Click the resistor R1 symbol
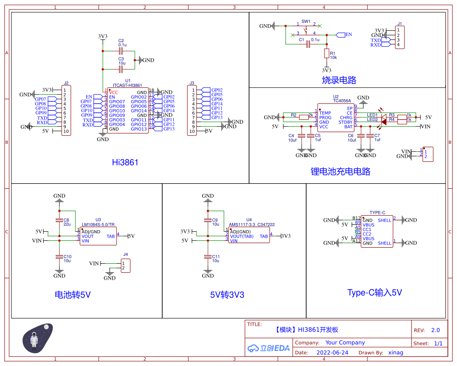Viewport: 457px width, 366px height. point(326,53)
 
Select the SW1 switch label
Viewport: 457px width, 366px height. point(306,21)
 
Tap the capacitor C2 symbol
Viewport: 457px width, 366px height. point(121,51)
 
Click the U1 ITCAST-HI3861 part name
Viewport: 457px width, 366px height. point(128,85)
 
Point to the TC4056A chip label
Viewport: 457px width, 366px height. point(342,101)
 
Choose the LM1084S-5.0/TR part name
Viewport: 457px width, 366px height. point(98,224)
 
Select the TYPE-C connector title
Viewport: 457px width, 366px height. point(377,213)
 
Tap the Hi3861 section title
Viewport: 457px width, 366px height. point(125,162)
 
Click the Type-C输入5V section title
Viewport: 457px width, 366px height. point(374,292)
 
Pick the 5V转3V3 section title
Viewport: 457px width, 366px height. point(227,295)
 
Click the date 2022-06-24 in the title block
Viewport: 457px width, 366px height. point(332,353)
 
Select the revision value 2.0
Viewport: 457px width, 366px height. point(435,330)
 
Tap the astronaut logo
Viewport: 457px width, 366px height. point(37,339)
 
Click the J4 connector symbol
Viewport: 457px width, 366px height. point(126,265)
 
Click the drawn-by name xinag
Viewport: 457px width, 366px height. point(395,353)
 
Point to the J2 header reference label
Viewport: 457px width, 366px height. point(66,83)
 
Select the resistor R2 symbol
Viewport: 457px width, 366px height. point(303,117)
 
